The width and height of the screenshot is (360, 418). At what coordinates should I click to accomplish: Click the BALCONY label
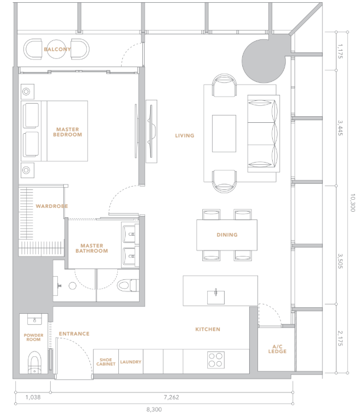pos(57,49)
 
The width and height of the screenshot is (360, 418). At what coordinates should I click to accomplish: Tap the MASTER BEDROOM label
pos(68,132)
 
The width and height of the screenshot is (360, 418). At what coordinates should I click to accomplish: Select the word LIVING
pos(185,136)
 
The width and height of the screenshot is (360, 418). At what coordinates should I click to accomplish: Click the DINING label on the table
pos(227,235)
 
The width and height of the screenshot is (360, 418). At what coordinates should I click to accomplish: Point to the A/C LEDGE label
pos(278,349)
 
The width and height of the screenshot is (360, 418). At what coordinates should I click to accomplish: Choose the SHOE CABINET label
pos(106,362)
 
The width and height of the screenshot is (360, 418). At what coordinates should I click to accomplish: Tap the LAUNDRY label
pos(130,362)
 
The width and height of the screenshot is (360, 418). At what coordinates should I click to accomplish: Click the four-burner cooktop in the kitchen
pos(216,360)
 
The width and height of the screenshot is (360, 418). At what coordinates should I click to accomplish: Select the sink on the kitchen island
pos(216,296)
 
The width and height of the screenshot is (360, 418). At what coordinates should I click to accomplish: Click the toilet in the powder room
pos(34,362)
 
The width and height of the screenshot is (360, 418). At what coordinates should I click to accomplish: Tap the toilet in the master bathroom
pos(127,285)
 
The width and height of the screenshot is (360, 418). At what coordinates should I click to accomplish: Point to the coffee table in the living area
pos(224,134)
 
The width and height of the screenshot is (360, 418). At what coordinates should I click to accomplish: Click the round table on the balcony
pos(57,49)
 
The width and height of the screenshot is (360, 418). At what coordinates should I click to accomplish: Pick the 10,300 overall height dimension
pos(352,202)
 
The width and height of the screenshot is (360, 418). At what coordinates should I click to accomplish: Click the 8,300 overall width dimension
pos(154,409)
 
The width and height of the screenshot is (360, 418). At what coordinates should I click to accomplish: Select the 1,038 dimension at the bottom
pos(33,397)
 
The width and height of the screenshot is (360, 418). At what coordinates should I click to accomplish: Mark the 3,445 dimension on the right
pos(340,128)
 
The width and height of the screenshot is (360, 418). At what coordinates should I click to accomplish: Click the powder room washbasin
pos(34,319)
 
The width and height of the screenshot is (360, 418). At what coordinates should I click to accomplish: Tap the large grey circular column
pos(263,61)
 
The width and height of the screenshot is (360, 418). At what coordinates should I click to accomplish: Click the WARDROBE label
pos(52,206)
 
